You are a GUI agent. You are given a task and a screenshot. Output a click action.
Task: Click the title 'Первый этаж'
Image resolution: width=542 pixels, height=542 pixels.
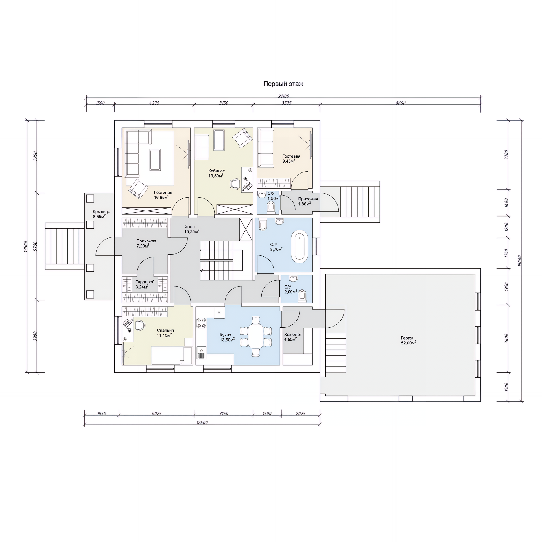click(283, 84)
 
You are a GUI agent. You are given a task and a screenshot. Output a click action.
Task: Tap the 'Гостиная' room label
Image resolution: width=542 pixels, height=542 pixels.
click(163, 193)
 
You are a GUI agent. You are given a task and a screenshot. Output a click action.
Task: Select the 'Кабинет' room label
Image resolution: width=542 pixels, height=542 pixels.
click(217, 171)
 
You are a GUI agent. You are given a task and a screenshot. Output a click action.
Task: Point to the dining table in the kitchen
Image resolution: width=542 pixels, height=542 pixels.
click(255, 336)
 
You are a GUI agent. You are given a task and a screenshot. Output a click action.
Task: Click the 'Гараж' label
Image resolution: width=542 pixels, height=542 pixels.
click(407, 338)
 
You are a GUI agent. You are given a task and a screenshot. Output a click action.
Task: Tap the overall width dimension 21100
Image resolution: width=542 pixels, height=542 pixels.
click(284, 96)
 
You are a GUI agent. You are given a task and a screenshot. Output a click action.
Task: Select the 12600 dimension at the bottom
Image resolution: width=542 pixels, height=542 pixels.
click(202, 423)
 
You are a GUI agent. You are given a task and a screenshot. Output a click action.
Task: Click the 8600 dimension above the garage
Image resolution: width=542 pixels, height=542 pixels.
click(400, 103)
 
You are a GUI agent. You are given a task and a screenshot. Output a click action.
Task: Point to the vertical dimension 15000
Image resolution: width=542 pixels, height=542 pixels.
click(520, 261)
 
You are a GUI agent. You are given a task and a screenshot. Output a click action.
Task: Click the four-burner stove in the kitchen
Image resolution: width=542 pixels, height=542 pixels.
click(201, 323)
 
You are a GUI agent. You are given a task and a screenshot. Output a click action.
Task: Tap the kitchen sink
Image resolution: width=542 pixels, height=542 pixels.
click(202, 353)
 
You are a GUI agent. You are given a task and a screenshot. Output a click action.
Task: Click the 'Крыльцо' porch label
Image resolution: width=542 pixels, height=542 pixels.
click(101, 212)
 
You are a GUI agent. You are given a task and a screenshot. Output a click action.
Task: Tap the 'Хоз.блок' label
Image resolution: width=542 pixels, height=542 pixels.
click(293, 335)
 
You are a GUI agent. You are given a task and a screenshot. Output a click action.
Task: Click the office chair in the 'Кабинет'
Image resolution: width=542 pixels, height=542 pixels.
click(235, 183)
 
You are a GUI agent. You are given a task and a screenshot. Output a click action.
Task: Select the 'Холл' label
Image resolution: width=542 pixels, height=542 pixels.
click(190, 227)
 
